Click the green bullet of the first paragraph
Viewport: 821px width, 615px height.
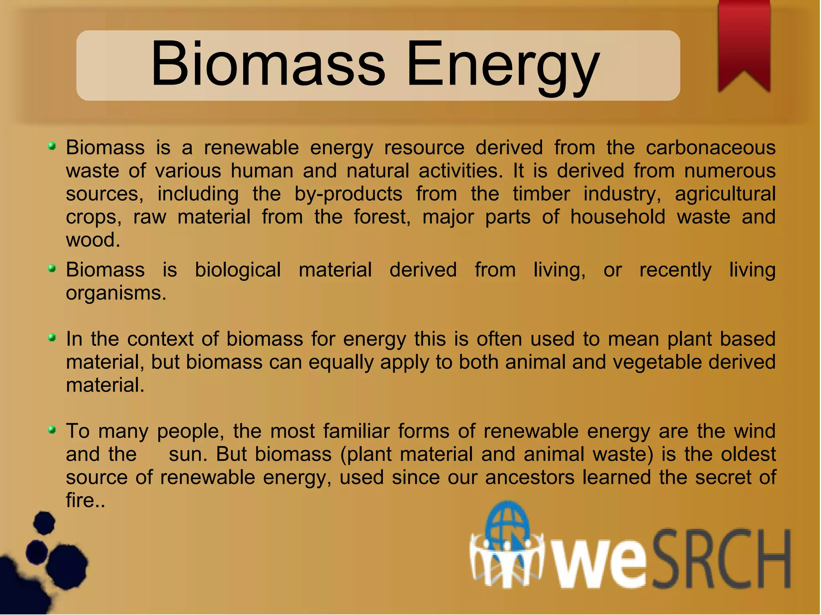tap(52, 146)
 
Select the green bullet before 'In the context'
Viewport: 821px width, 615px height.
tap(52, 338)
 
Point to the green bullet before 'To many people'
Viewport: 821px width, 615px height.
tap(52, 430)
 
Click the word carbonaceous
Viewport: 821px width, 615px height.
tap(710, 147)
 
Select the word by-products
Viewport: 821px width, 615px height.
tap(348, 194)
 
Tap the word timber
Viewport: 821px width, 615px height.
tap(541, 194)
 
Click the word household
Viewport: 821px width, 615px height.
tap(617, 217)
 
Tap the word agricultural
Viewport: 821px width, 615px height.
tap(725, 194)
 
